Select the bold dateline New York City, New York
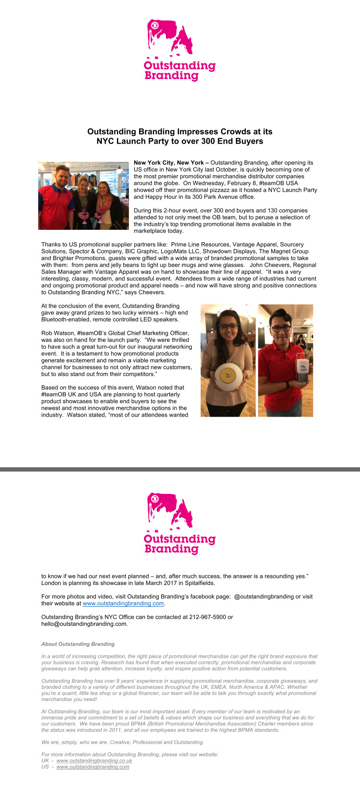tap(169, 163)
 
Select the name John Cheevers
tap(269, 265)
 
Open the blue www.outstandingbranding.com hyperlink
tap(123, 604)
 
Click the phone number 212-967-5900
tap(208, 617)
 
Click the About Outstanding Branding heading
tap(78, 644)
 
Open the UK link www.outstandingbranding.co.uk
tap(94, 761)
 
